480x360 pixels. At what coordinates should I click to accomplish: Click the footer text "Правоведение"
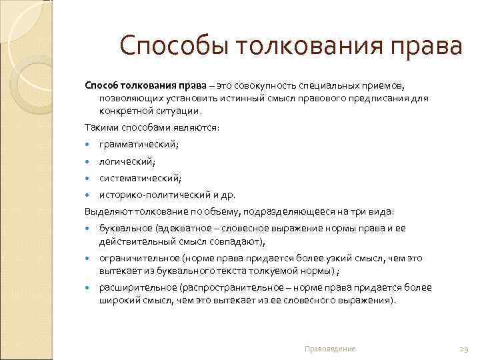(329, 349)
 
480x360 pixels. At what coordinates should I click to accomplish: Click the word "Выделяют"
(104, 212)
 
